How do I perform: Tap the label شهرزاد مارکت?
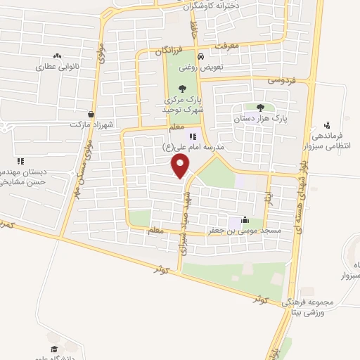pos(91,124)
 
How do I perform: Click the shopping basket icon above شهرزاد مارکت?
pos(91,113)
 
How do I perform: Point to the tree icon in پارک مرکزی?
pos(183,89)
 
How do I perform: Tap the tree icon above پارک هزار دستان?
pos(261,108)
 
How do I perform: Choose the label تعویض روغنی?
pos(202,68)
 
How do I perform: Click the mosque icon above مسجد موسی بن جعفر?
pos(244,219)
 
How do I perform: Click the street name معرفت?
pos(226,46)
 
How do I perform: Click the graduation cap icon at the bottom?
pos(53,349)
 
